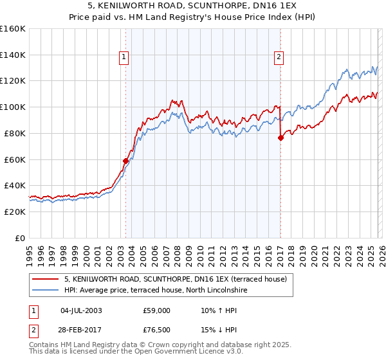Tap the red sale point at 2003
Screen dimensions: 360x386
click(125, 161)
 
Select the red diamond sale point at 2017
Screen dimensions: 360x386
click(280, 138)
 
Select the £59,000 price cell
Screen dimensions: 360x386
click(157, 310)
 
